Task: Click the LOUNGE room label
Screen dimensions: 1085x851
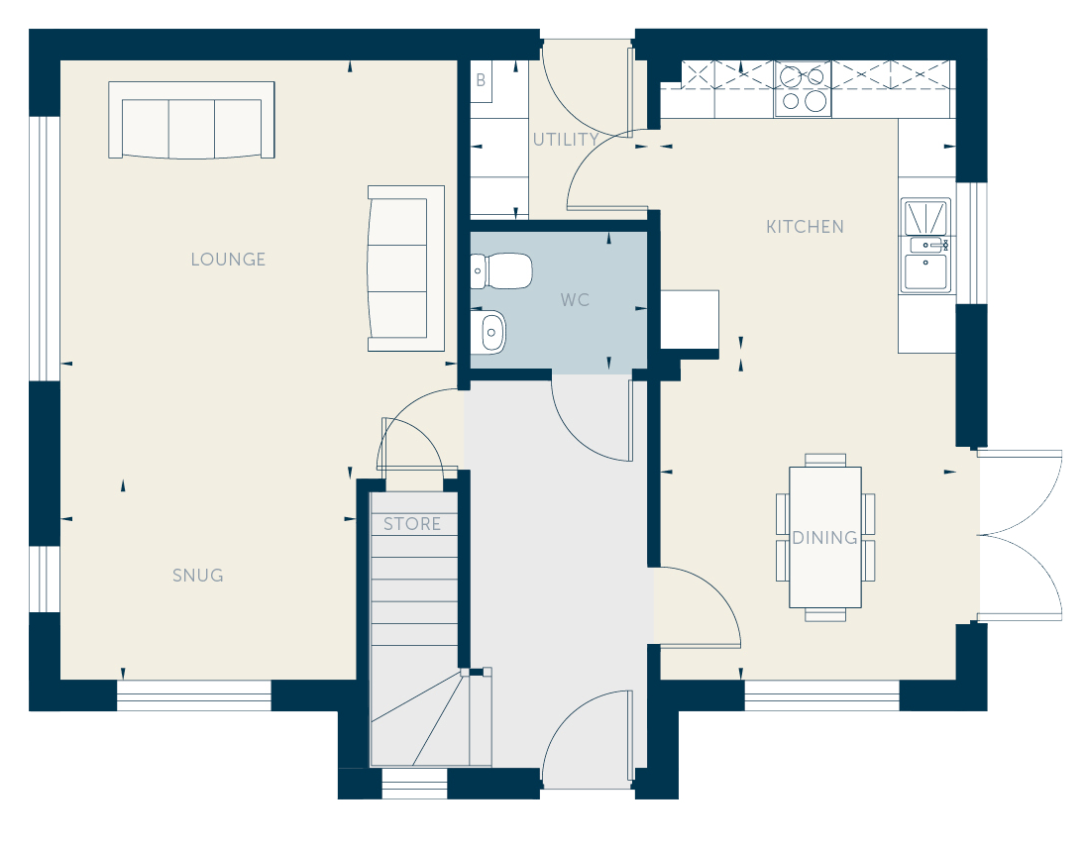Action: [228, 260]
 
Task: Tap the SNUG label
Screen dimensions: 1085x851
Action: [198, 576]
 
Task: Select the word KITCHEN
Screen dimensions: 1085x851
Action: [805, 227]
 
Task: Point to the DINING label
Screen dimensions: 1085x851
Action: [824, 538]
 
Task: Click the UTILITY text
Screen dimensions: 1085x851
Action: [566, 140]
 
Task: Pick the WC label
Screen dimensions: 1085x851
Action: [575, 300]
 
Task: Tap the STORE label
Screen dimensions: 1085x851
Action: [412, 524]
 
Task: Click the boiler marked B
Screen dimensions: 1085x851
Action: [481, 81]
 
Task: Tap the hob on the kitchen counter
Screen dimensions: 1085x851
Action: [803, 89]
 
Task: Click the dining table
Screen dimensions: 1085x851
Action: [825, 537]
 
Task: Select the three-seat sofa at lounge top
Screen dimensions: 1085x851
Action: [191, 121]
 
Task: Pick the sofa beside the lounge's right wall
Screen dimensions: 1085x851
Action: [406, 268]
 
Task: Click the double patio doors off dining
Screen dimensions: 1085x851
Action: [1021, 535]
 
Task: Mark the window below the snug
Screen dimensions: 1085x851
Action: [194, 695]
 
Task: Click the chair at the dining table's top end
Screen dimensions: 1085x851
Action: [825, 460]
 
